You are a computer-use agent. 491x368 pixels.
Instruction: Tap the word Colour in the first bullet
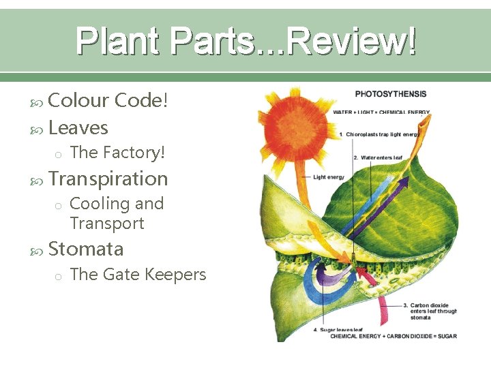[79, 101]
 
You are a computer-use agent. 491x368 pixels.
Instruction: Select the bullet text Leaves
[78, 127]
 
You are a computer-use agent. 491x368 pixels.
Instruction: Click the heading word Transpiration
[108, 179]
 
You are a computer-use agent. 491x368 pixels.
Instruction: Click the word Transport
[107, 223]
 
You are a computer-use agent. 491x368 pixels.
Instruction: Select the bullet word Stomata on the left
[86, 249]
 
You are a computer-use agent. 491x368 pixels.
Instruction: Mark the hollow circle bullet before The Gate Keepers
[59, 276]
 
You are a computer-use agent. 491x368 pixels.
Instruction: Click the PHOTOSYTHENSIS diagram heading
[391, 94]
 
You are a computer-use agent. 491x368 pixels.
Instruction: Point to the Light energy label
[329, 177]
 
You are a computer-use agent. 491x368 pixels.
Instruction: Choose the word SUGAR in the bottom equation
[447, 336]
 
